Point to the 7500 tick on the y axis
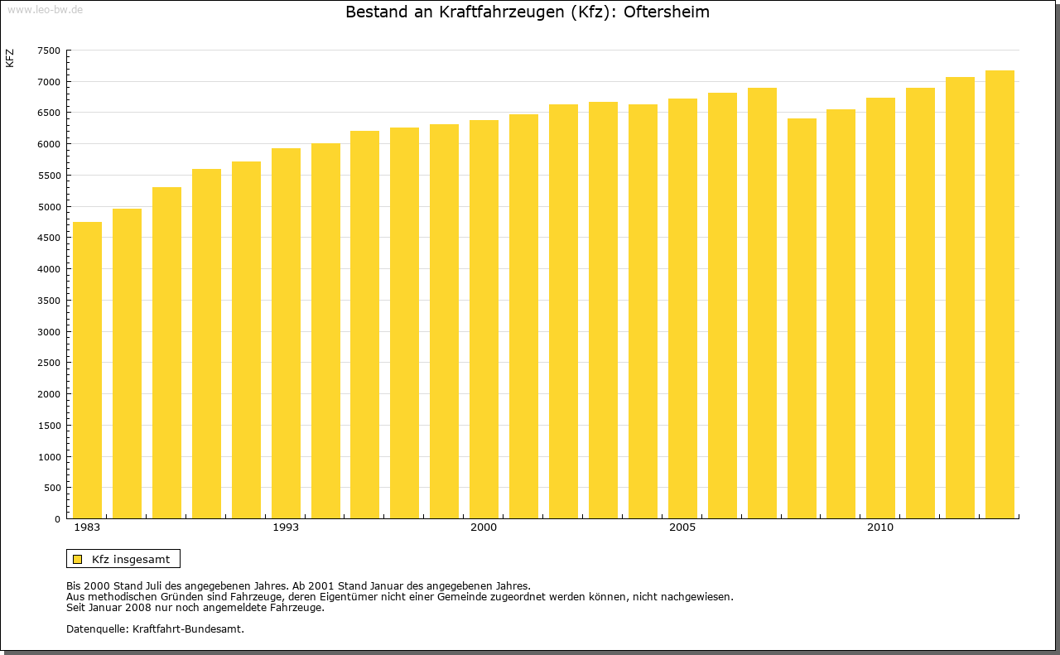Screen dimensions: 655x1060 coord(49,51)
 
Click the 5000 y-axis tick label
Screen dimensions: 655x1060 coord(49,207)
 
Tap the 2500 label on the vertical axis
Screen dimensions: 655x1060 coord(49,363)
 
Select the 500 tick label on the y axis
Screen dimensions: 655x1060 coord(52,488)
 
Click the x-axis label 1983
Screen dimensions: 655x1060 coord(87,527)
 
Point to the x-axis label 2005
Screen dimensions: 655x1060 coord(682,527)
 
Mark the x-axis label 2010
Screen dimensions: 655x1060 coord(880,527)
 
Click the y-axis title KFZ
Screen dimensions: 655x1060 coord(10,58)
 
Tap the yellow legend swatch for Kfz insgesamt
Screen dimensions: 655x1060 coord(78,559)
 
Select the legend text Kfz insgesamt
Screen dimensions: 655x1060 coord(131,559)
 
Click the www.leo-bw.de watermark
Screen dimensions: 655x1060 coord(45,9)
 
